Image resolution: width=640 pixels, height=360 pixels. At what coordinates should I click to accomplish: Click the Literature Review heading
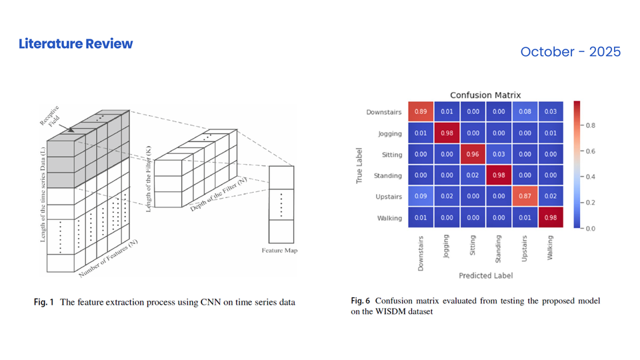(75, 44)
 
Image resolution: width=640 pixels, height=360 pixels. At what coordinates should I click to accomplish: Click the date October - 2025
(570, 51)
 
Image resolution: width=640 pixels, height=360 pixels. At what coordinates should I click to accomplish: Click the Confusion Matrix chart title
(485, 95)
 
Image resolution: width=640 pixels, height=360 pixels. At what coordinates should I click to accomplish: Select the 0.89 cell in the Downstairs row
(421, 112)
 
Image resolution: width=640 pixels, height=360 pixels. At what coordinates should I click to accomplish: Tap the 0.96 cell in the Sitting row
(473, 155)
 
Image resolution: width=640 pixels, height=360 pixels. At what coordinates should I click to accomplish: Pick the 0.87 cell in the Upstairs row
(525, 197)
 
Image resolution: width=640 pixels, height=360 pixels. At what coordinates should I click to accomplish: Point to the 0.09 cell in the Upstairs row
(421, 197)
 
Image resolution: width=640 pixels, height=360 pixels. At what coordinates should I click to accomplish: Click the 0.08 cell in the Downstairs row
(525, 112)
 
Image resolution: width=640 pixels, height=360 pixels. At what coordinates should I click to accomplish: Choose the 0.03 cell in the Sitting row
(499, 155)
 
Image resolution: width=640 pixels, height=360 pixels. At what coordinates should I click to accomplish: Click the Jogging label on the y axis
(389, 133)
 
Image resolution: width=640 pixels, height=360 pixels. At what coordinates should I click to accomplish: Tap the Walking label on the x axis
(550, 247)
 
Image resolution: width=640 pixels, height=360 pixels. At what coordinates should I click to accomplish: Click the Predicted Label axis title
(485, 275)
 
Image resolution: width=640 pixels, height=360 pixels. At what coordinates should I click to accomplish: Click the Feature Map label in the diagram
(281, 251)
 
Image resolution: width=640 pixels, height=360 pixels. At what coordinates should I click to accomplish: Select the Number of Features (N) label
(108, 259)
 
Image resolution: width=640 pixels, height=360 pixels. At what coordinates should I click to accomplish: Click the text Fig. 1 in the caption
(44, 302)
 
